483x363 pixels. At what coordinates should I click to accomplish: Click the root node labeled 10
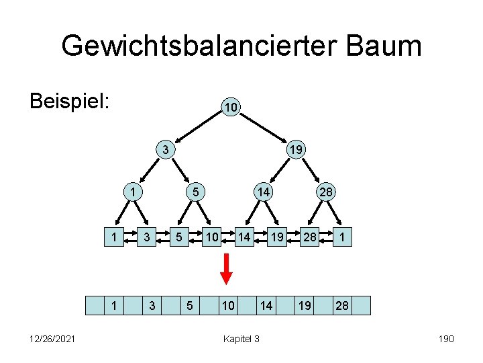(229, 108)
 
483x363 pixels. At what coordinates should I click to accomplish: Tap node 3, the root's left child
(165, 149)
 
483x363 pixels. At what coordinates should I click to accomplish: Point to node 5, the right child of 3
(195, 192)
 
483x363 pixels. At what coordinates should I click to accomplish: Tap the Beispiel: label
(70, 102)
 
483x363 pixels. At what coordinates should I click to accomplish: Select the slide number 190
(445, 339)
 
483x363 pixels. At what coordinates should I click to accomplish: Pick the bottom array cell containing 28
(342, 306)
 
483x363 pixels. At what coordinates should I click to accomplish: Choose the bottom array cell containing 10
(228, 306)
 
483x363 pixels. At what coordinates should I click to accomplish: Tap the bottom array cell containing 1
(114, 306)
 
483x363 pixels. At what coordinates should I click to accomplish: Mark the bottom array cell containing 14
(266, 306)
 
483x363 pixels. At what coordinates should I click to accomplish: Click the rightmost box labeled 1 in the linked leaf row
(342, 237)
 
